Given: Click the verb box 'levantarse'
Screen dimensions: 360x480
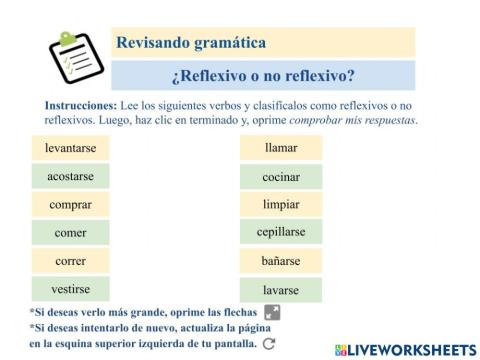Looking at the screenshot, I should point(70,148).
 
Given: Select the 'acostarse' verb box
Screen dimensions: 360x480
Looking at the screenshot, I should point(70,176).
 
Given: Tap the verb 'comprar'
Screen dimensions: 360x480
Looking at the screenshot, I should point(70,205).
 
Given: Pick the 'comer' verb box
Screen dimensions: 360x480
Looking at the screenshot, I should point(70,233).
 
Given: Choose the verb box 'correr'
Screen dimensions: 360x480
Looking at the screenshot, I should point(70,261).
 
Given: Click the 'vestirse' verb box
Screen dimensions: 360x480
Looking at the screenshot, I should point(70,289).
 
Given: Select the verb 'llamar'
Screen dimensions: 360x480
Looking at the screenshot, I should point(281,148).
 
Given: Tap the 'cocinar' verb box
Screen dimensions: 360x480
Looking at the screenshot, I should point(281,177).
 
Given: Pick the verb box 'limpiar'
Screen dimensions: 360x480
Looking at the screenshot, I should point(281,205).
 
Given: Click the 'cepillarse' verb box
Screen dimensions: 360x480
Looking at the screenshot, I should point(281,232).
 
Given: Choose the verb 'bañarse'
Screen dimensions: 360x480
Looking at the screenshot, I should point(281,261).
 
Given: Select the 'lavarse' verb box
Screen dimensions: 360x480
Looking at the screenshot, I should point(281,290).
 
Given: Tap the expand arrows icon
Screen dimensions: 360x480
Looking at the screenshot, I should point(272,312).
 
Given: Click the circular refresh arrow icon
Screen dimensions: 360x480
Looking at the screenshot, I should point(268,344).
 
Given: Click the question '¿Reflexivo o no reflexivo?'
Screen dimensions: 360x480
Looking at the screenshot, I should point(263,75).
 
